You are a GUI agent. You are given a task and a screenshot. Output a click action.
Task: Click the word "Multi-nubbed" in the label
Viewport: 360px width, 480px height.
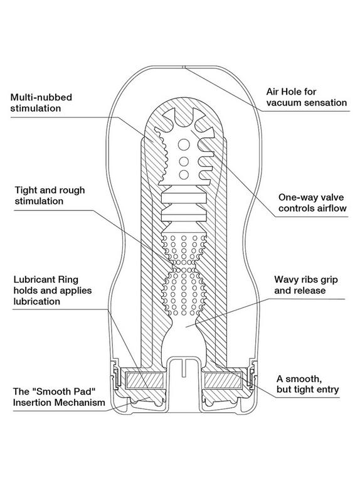pyautogui.click(x=41, y=97)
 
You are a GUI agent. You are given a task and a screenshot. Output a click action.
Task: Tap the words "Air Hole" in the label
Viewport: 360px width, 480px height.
pyautogui.click(x=283, y=92)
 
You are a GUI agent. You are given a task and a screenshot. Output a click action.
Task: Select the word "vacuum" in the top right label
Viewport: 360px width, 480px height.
pyautogui.click(x=283, y=102)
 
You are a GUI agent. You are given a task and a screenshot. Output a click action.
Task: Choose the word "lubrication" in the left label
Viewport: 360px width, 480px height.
pyautogui.click(x=37, y=302)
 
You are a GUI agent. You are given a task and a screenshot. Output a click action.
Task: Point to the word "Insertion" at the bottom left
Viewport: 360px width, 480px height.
pyautogui.click(x=33, y=402)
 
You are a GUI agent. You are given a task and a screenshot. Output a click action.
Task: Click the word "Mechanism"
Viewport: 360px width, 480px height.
pyautogui.click(x=80, y=402)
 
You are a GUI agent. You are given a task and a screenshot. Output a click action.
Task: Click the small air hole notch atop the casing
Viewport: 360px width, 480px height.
pyautogui.click(x=184, y=67)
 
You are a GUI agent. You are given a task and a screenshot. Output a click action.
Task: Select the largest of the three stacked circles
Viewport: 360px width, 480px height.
pyautogui.click(x=184, y=144)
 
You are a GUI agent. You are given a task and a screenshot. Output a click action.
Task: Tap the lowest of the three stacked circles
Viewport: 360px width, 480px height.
pyautogui.click(x=184, y=174)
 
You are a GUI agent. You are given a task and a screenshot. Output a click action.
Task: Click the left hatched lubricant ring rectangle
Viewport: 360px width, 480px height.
pyautogui.click(x=145, y=380)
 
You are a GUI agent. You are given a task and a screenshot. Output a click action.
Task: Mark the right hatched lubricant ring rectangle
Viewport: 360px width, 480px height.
pyautogui.click(x=223, y=380)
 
